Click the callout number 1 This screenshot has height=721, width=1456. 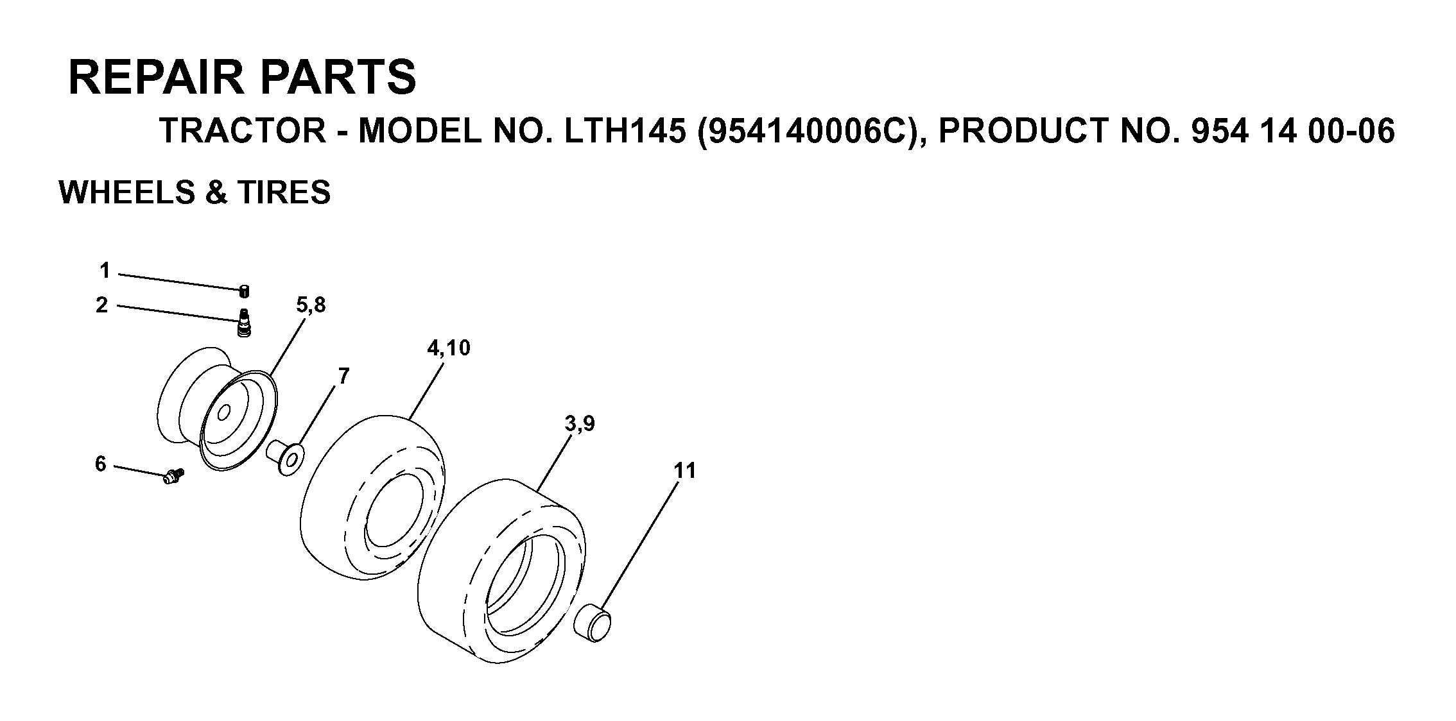click(105, 271)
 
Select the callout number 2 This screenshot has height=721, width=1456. click(102, 305)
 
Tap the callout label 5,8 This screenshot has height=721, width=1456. click(311, 305)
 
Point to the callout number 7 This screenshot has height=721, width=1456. click(343, 376)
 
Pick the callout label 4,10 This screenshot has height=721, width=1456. click(449, 348)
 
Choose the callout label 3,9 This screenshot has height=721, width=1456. click(580, 424)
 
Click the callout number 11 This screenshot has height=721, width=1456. click(685, 471)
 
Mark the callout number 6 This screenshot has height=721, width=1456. click(101, 464)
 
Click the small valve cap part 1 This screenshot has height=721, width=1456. click(244, 291)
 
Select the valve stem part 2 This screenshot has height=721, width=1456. click(244, 322)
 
